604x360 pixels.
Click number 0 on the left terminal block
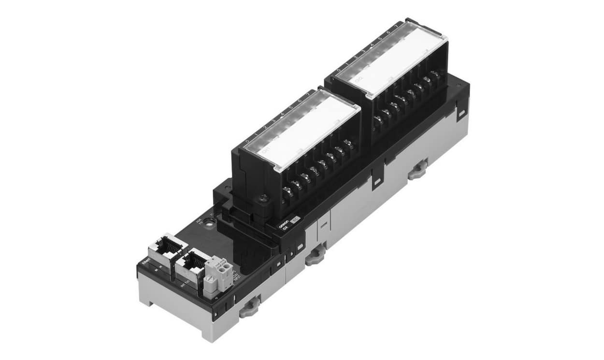[247, 142]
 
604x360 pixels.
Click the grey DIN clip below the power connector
[250, 307]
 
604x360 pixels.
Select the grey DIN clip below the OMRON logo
[315, 254]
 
